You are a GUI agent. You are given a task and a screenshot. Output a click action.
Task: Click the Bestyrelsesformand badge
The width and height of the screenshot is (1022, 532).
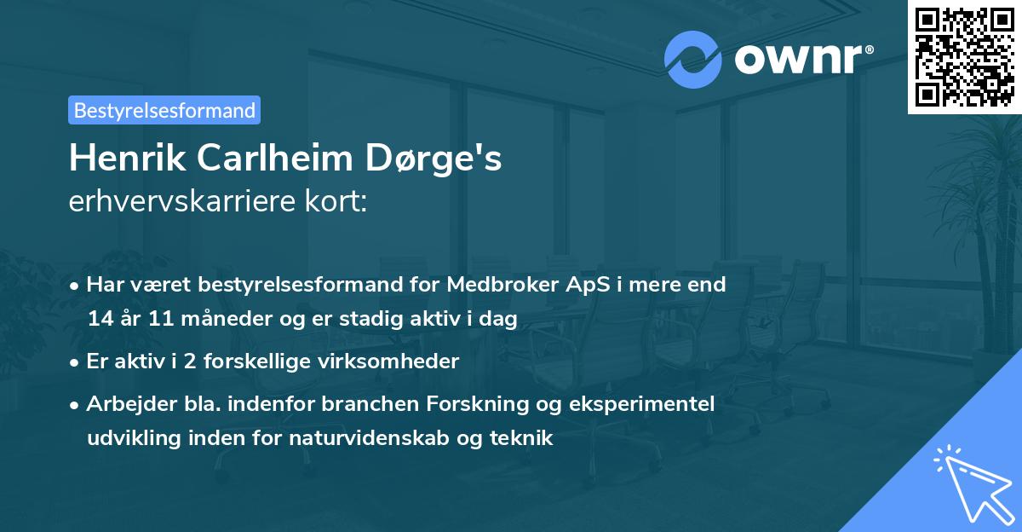[164, 110]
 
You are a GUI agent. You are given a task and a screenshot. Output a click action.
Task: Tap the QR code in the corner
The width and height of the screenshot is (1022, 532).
[964, 57]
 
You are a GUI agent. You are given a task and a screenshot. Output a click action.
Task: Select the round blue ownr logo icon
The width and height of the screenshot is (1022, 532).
[693, 60]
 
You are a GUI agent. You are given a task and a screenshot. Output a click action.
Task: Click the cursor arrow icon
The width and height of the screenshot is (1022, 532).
[971, 483]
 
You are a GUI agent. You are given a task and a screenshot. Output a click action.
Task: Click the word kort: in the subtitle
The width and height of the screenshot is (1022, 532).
[341, 202]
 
